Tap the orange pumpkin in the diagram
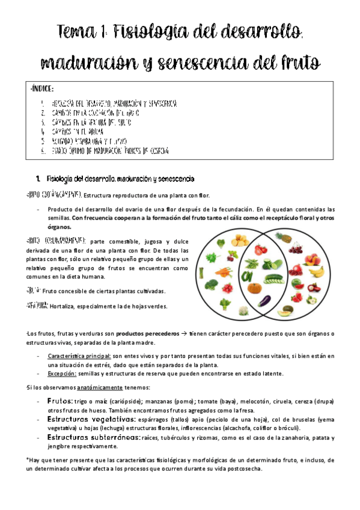tap(254, 288)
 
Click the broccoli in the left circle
tap(211, 284)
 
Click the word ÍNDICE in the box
tap(41, 90)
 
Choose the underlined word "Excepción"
tap(62, 373)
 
